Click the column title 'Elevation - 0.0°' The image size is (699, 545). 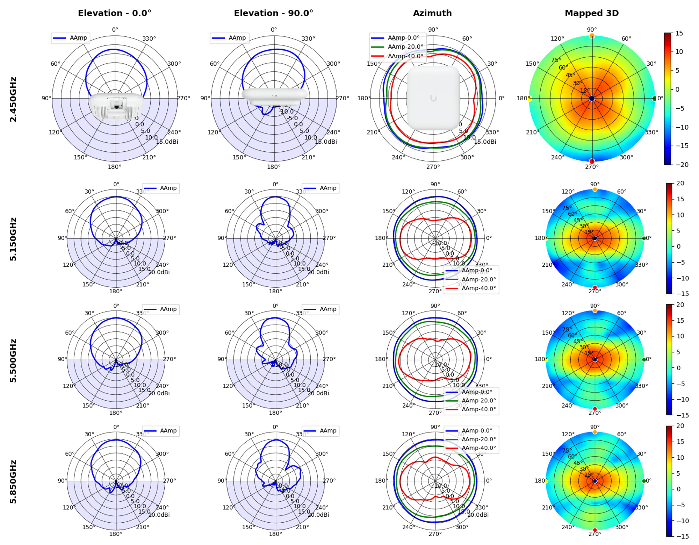115,13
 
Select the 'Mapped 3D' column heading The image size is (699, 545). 591,13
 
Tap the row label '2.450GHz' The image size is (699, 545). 13,99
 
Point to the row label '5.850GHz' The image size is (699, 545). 13,482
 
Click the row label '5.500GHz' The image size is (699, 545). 13,360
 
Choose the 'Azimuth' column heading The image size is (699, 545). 432,13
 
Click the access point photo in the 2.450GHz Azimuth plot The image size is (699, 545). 433,98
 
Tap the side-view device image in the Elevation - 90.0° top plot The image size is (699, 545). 274,96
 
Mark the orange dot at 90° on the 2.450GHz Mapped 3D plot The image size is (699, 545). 592,36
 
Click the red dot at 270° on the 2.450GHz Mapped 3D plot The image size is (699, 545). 592,161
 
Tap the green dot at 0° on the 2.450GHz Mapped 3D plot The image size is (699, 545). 654,99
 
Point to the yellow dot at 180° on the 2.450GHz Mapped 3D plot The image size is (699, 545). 529,99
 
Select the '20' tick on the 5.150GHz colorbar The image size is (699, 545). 680,183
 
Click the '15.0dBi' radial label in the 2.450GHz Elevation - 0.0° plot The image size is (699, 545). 167,142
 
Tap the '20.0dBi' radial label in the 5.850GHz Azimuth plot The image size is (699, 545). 478,515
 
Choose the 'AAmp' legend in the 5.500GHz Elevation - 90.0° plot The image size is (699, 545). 320,309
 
